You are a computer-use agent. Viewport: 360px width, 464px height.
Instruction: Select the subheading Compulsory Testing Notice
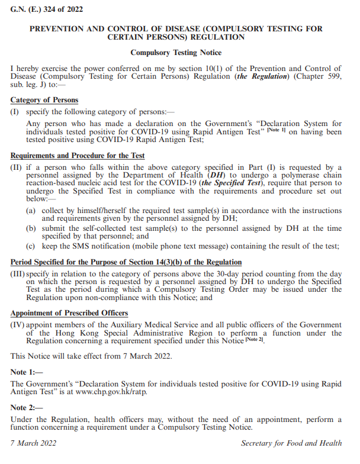point(176,53)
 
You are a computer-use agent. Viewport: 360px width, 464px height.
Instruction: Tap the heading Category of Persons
point(44,100)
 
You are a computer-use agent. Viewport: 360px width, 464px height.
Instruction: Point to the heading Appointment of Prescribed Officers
point(70,313)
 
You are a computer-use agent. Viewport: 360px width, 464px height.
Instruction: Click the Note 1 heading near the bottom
point(27,372)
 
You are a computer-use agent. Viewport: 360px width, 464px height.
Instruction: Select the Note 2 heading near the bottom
point(27,408)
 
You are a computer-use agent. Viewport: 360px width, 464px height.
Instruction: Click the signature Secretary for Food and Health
point(291,443)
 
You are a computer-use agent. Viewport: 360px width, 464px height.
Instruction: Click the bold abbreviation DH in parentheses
point(213,176)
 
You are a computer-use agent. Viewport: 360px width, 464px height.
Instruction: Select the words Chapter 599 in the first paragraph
point(319,78)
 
